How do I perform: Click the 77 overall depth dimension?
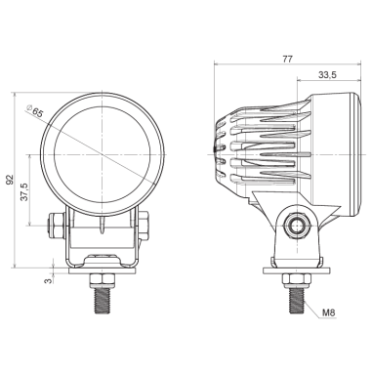point(287,59)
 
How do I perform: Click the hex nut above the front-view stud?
point(102,277)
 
